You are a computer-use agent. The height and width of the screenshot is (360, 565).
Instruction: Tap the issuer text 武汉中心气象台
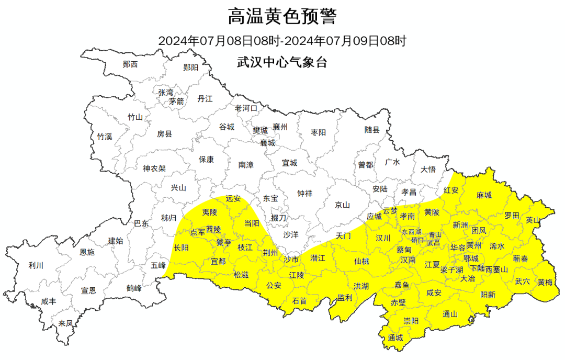(282, 62)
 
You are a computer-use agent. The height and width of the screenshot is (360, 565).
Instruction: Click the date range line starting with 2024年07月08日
(282, 40)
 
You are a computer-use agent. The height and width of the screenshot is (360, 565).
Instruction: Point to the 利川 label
(36, 265)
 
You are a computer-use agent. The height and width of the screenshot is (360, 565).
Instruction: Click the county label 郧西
(130, 64)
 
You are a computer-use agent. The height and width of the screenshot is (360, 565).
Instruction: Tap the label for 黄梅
(545, 282)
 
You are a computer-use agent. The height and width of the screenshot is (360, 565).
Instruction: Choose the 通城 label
(395, 338)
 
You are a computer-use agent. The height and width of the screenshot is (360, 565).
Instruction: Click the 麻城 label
(484, 195)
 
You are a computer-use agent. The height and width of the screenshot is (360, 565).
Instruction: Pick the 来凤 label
(65, 323)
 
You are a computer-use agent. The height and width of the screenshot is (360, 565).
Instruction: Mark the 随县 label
(372, 130)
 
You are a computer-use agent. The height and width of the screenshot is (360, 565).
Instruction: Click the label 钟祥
(304, 194)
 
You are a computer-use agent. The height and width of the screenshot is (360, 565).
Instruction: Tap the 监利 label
(344, 297)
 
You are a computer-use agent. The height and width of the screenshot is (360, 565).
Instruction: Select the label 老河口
(246, 108)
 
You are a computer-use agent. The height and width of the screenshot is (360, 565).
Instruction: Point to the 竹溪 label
(105, 137)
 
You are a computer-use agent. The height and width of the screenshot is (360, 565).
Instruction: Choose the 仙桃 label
(361, 261)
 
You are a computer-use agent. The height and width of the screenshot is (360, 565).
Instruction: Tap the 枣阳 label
(318, 132)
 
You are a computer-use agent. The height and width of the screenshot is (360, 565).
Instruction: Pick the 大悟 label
(428, 169)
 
